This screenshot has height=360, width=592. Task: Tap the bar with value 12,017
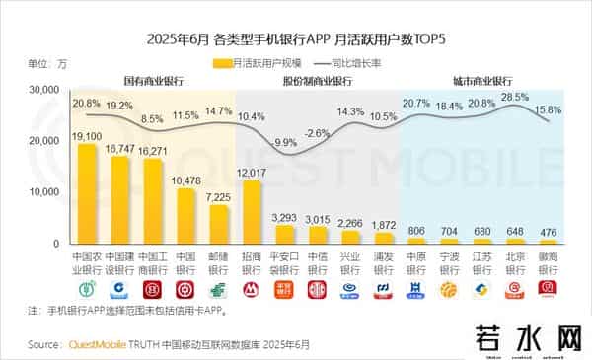252,212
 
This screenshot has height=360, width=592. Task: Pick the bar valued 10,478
185,216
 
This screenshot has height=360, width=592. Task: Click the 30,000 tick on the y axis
45,90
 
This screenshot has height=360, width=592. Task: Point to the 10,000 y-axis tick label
45,191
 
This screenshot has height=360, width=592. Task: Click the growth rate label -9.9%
285,143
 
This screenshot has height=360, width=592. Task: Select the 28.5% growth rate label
514,97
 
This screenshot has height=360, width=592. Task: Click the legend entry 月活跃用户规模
246,63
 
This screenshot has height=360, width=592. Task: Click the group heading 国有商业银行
153,79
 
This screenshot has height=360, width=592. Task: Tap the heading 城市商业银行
481,79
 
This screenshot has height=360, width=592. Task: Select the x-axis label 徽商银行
547,262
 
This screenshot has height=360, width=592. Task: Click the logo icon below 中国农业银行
87,289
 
